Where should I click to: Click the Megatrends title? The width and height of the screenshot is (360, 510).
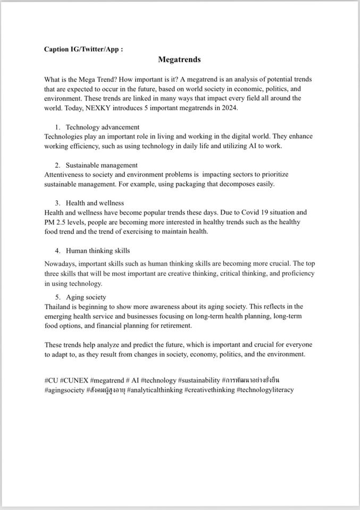(x=179, y=61)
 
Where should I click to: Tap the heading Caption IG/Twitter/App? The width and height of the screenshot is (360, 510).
(x=84, y=49)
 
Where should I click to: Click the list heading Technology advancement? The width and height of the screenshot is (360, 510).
(x=103, y=127)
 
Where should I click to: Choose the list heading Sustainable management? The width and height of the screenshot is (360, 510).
(x=102, y=165)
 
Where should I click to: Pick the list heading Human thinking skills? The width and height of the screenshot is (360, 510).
(x=98, y=250)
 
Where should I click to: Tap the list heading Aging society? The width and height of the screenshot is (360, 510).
(x=86, y=297)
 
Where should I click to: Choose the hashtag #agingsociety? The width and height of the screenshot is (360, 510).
(x=64, y=389)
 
